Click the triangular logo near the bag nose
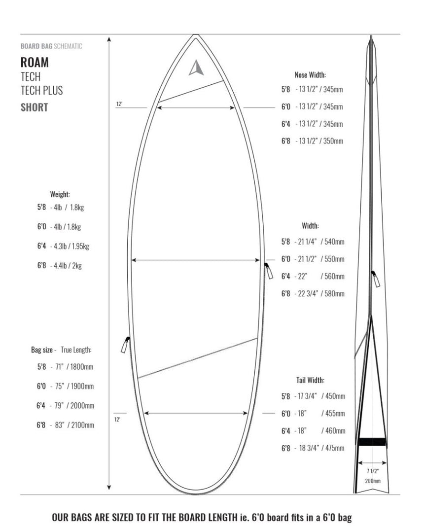[196, 68]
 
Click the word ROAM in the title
[35, 63]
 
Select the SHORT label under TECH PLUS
[34, 107]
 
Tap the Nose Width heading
[310, 75]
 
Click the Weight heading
[60, 194]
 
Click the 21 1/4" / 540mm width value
[319, 242]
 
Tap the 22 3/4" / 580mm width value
[319, 294]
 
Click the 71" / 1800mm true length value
[72, 367]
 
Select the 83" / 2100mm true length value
[72, 425]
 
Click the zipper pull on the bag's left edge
[125, 345]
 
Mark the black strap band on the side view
[372, 442]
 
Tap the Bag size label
[42, 350]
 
